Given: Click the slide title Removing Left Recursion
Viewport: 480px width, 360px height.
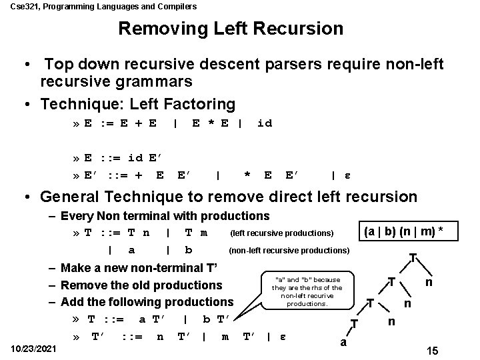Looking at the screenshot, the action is point(231,29).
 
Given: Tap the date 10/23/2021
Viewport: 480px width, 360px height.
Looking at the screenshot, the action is point(33,349).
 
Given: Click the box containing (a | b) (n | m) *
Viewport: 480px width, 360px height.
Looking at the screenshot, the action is point(402,231).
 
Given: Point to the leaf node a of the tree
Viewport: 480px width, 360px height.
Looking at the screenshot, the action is point(343,343).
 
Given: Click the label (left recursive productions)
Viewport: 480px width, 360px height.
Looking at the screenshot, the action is point(281,233).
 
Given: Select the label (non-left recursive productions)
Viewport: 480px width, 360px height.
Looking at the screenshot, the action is point(289,251).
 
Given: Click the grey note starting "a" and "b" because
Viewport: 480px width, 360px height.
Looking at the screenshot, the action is point(307,291).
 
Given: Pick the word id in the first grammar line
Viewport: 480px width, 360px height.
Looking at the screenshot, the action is point(264,123).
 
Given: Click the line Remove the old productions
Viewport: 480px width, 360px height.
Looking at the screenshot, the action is point(141,285).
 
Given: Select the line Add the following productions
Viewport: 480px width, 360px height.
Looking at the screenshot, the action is point(147,301).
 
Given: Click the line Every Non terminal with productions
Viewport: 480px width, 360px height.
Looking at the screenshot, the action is point(165,215).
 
